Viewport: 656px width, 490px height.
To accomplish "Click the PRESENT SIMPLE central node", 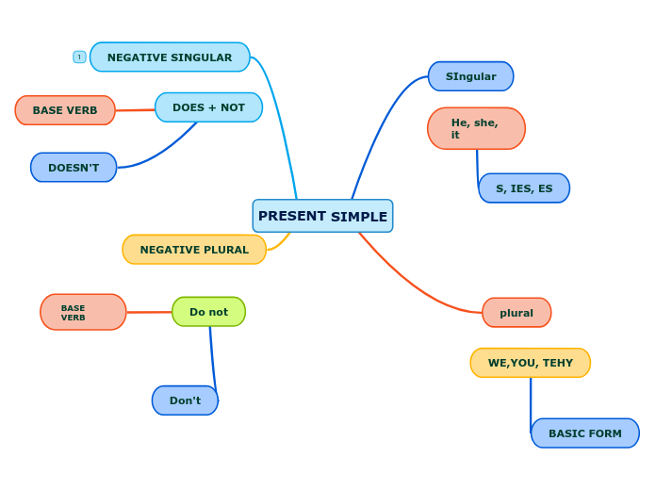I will coord(322,216).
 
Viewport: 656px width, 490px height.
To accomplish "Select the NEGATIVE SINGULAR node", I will coord(170,57).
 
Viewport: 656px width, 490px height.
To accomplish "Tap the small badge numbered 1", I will coord(79,57).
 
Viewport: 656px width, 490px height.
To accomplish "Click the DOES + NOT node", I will coord(208,107).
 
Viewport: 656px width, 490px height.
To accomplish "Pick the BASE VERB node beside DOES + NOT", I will coord(65,110).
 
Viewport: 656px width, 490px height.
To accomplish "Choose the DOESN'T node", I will coord(74,168).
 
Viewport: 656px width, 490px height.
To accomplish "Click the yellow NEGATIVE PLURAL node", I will coord(194,250).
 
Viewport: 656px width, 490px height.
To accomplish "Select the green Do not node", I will coord(208,312).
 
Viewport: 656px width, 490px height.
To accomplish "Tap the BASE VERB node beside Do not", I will coord(83,312).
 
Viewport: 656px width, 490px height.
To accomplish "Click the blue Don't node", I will coord(185,400).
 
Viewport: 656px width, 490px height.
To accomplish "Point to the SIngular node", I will coord(470,76).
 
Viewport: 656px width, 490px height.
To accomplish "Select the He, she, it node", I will coord(476,128).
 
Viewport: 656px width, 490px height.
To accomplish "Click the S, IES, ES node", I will coord(524,188).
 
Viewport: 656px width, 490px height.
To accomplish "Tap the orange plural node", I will coord(517,313).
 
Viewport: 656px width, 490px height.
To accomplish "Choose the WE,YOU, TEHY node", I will coord(531,363).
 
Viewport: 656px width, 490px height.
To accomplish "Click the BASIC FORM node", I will coord(585,433).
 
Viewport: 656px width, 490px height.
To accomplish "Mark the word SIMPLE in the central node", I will coord(359,217).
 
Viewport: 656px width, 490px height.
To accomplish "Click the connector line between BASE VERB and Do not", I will coord(149,312).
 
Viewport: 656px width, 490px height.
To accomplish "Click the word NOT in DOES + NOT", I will coord(233,107).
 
